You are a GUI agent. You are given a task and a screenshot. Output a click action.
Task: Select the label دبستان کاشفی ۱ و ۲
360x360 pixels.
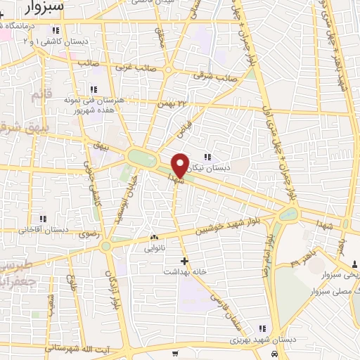pyautogui.click(x=58, y=42)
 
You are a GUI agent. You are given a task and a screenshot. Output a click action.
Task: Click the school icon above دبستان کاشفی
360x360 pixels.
pyautogui.click(x=56, y=30)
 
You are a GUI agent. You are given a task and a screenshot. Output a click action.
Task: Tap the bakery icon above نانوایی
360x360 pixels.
pyautogui.click(x=153, y=237)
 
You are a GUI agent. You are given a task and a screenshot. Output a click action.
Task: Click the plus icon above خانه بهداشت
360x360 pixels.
pyautogui.click(x=184, y=261)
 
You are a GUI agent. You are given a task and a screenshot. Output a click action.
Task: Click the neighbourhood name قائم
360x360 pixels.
pyautogui.click(x=38, y=92)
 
